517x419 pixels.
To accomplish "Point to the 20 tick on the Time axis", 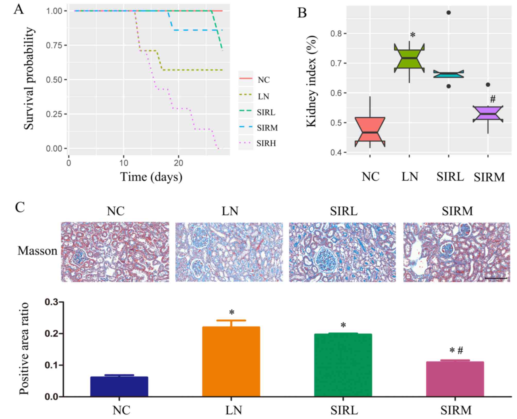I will point(178,163).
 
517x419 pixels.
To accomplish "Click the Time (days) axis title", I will point(151,177).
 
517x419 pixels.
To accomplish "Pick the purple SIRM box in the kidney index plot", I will point(488,113).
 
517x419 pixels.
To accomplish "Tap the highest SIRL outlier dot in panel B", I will point(449,13).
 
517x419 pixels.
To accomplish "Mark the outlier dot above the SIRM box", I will point(488,85).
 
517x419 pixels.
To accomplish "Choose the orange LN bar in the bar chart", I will point(231,362).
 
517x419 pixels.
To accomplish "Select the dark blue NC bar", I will point(119,387).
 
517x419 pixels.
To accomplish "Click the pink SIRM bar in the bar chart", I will point(455,379).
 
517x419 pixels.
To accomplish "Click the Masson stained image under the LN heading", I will point(229,252).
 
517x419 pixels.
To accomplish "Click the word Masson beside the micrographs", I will point(37,251).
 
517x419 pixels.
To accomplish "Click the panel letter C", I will point(20,207).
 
